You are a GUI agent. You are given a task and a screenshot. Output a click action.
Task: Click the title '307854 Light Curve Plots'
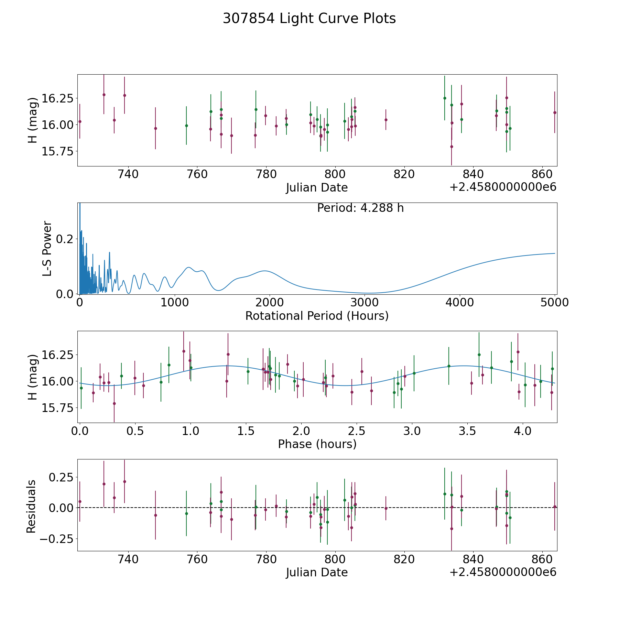(x=309, y=19)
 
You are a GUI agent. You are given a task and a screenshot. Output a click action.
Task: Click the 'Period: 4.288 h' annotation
(x=360, y=208)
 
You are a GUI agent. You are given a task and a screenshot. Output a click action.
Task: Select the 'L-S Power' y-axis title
(x=47, y=248)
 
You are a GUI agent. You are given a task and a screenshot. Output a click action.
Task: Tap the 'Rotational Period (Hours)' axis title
(x=317, y=316)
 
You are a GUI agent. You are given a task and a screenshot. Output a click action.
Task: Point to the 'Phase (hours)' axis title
(x=317, y=444)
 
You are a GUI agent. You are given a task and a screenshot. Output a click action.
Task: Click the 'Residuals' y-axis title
(x=31, y=506)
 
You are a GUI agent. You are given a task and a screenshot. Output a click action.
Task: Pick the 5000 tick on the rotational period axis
(x=555, y=303)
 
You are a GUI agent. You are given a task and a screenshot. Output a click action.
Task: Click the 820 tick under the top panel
(x=404, y=174)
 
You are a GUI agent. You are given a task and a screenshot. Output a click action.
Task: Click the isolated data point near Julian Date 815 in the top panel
(x=386, y=120)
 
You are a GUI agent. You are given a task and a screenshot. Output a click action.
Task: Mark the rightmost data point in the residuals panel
(x=555, y=507)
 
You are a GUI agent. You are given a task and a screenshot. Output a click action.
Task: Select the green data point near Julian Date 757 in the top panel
(x=186, y=126)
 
